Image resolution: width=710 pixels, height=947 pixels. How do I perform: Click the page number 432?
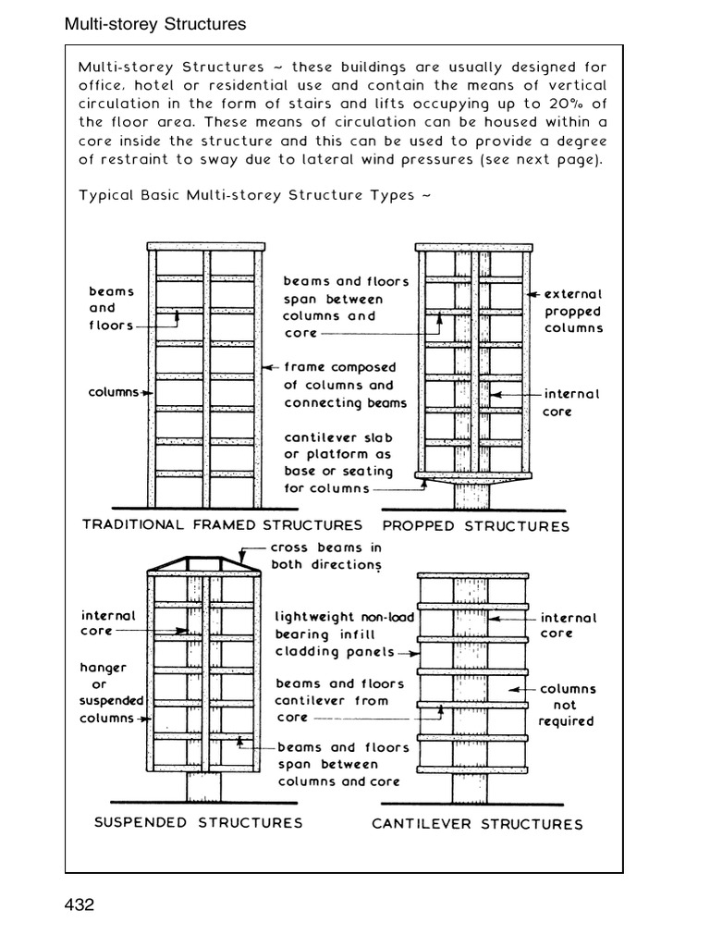[x=80, y=904]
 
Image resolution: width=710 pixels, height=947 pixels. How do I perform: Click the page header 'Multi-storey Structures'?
[x=155, y=25]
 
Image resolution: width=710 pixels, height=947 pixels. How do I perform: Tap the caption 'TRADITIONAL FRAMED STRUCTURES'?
[x=222, y=525]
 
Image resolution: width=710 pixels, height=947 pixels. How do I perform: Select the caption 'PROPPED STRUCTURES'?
[x=476, y=526]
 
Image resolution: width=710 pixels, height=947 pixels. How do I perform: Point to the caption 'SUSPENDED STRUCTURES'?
[x=199, y=822]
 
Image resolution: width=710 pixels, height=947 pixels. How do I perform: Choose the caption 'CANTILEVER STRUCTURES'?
[x=477, y=824]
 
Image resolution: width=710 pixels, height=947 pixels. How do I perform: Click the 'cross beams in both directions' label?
[x=325, y=556]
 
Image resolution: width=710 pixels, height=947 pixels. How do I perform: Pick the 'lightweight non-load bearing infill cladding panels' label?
[x=344, y=634]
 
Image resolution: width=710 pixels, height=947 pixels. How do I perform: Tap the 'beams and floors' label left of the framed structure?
[x=112, y=308]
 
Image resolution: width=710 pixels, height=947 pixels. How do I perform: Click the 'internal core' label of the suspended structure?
[x=108, y=622]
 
